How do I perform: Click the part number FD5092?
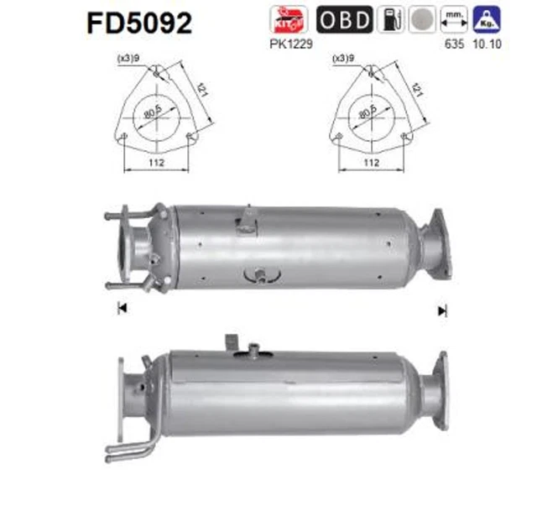click(x=138, y=22)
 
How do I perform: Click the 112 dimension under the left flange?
click(x=156, y=164)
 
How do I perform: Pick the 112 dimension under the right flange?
click(x=371, y=164)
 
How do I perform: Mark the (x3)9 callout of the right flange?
click(x=344, y=59)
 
